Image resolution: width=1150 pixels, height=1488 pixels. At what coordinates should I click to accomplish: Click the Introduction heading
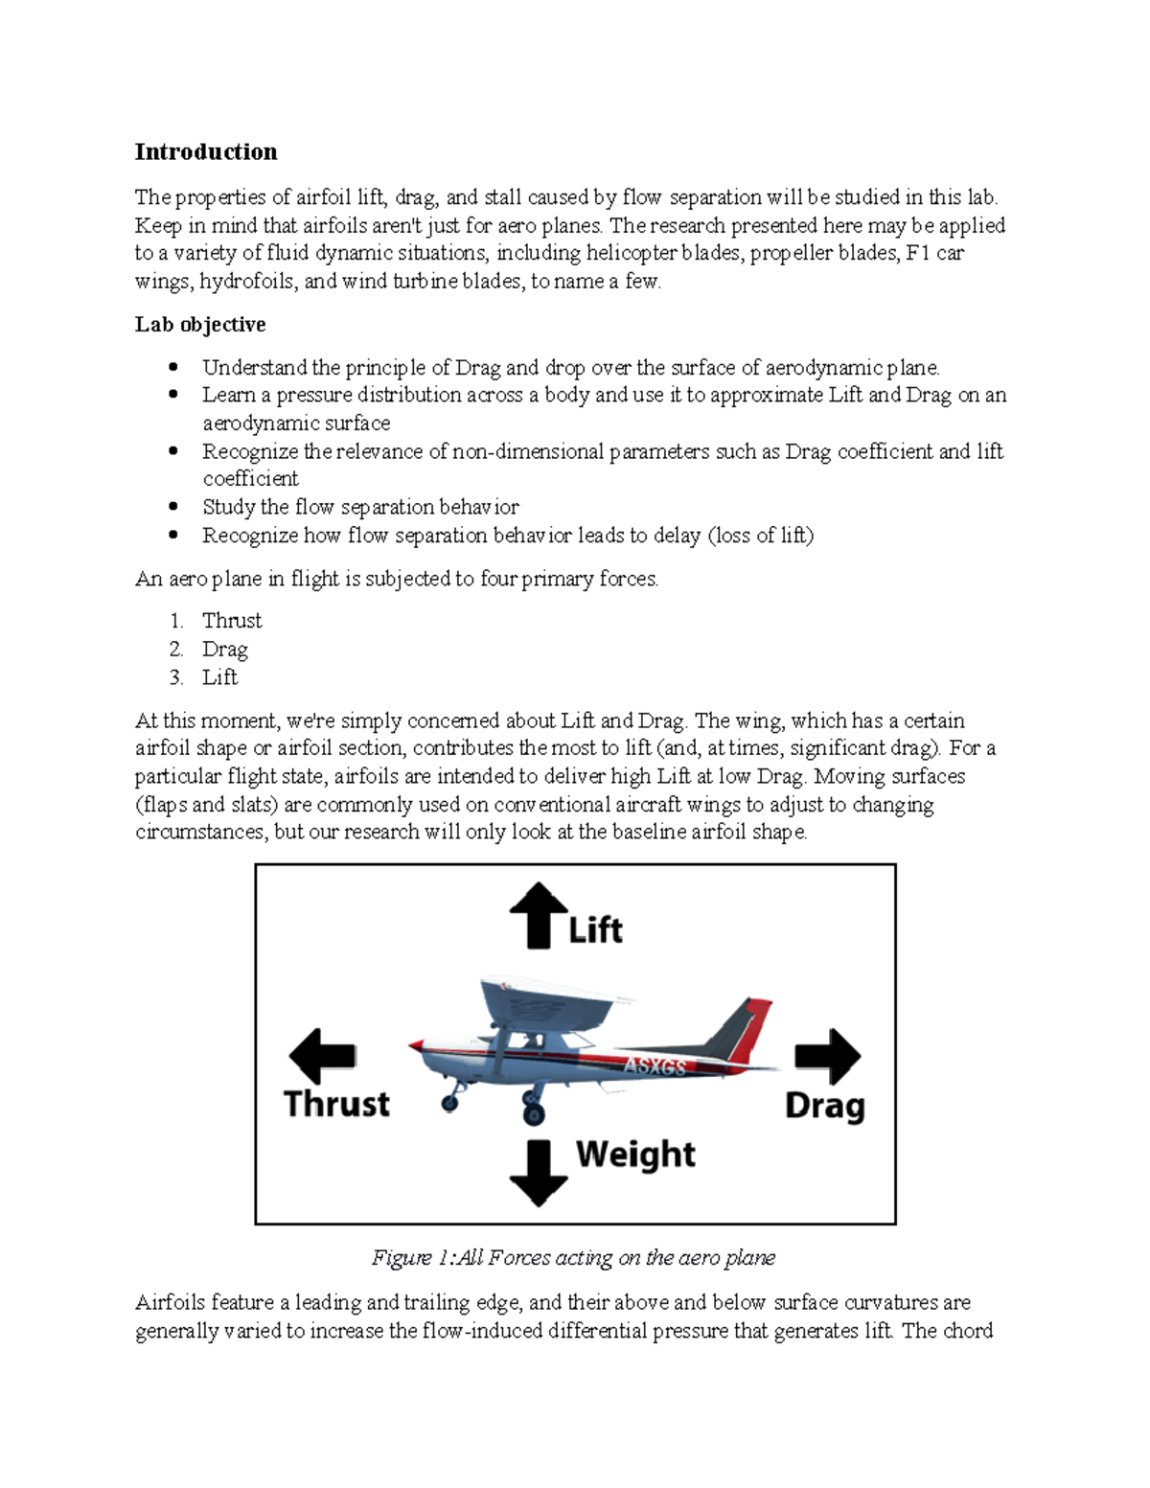click(x=206, y=151)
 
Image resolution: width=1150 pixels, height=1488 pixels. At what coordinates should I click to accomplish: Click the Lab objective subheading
click(x=200, y=324)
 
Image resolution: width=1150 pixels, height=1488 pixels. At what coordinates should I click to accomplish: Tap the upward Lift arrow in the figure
click(x=539, y=914)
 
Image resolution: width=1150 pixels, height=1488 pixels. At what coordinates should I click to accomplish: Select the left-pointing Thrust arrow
click(x=322, y=1056)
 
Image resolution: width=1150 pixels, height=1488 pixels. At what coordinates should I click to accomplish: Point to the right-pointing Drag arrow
click(x=828, y=1056)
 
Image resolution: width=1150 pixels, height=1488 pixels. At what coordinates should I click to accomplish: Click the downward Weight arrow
click(x=539, y=1171)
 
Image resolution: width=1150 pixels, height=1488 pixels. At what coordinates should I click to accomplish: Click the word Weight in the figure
click(x=635, y=1154)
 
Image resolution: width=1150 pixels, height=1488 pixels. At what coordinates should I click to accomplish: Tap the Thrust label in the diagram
click(x=336, y=1104)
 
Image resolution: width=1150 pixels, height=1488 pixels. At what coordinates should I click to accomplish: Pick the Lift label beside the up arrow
click(x=595, y=929)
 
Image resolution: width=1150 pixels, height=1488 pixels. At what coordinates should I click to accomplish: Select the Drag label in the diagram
click(x=824, y=1106)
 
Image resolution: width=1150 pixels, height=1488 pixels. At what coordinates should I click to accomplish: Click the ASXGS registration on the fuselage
click(x=655, y=1065)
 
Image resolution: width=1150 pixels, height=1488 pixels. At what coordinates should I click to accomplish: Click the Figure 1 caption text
click(x=573, y=1257)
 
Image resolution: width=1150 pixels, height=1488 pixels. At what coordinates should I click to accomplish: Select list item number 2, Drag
click(x=224, y=649)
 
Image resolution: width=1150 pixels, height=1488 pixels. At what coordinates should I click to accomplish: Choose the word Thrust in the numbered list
click(x=232, y=621)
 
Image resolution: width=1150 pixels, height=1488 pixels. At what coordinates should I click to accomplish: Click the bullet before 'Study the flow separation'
click(x=173, y=506)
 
